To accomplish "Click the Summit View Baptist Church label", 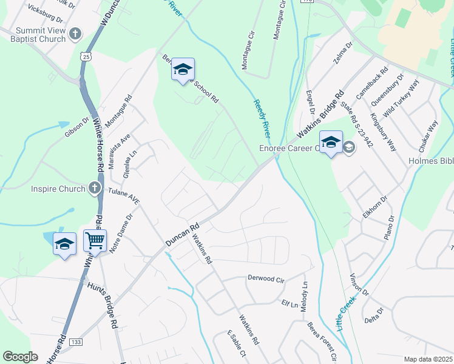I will tap(40, 35).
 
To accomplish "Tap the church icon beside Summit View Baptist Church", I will tap(75, 35).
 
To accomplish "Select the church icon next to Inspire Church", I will tap(94, 188).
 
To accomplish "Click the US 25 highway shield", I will tap(87, 56).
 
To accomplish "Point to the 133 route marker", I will tap(76, 342).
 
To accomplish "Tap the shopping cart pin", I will tap(95, 241).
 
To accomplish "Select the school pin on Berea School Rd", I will tap(183, 70).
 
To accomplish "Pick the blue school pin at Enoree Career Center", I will tap(331, 143).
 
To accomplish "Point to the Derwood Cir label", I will tap(266, 278).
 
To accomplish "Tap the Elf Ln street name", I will tap(288, 302).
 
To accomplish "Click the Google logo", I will tap(20, 357).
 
